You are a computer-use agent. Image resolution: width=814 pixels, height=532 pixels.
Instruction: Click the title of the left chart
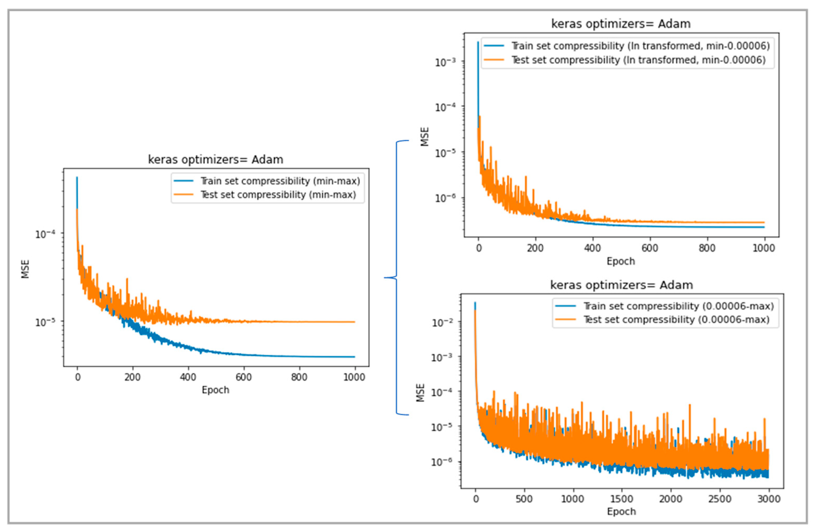tap(215, 160)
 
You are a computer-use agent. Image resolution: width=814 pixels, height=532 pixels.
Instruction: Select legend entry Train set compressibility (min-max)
tap(280, 181)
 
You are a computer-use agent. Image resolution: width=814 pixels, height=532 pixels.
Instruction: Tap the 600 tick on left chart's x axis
tap(243, 377)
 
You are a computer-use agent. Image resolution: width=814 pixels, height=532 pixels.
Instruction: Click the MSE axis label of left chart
tap(25, 269)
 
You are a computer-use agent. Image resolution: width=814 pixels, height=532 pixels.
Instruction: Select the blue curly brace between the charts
tap(397, 278)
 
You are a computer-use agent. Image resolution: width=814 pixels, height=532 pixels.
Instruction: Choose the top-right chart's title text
tap(621, 24)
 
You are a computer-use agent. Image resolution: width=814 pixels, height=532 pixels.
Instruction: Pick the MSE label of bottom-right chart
tap(420, 393)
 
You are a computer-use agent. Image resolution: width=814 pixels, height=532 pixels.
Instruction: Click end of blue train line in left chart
tap(354, 357)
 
